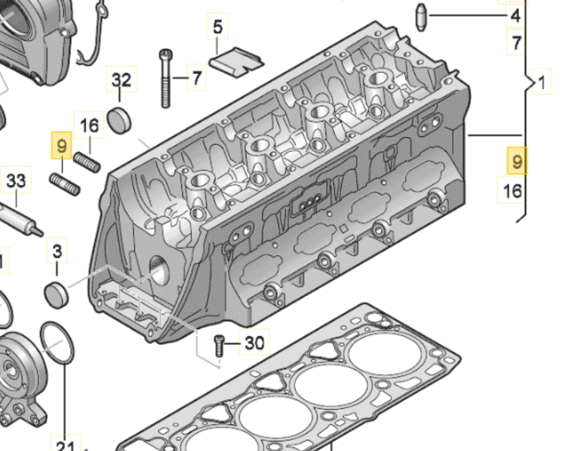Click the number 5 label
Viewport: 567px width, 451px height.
click(x=217, y=28)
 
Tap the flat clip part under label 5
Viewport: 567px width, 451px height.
click(x=239, y=61)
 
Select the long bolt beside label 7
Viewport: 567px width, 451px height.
click(x=165, y=77)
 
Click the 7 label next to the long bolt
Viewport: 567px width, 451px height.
click(x=196, y=77)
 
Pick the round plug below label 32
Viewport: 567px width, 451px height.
click(x=120, y=120)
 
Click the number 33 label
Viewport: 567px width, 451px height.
click(x=16, y=181)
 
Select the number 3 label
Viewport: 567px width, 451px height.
click(x=57, y=252)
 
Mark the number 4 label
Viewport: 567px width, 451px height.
click(x=515, y=16)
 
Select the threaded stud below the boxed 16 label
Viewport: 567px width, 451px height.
click(x=88, y=163)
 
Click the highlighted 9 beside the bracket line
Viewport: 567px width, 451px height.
click(x=516, y=161)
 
